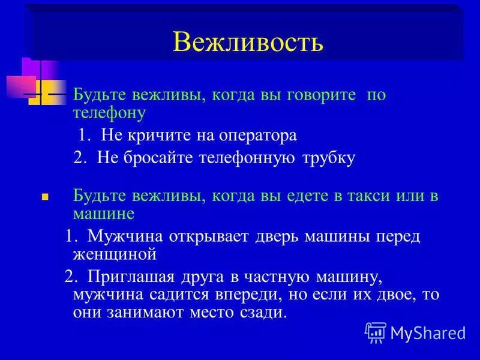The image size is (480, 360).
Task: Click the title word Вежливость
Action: [247, 42]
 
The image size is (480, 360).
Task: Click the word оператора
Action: [261, 135]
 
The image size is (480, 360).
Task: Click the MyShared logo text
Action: [427, 332]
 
